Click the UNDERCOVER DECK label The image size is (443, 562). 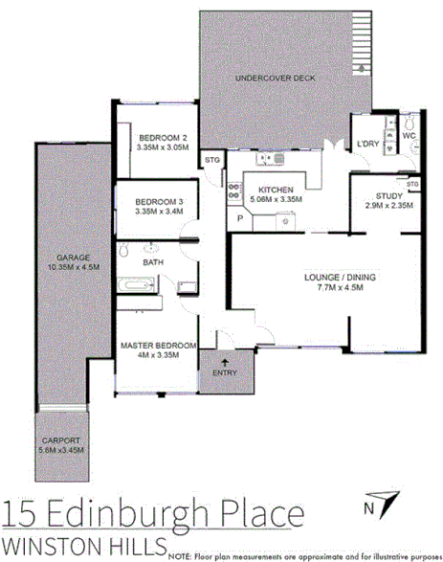click(x=275, y=79)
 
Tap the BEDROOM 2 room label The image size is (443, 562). click(x=161, y=137)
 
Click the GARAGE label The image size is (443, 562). click(x=65, y=258)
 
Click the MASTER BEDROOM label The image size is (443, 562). click(x=159, y=345)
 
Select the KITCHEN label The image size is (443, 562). click(x=275, y=189)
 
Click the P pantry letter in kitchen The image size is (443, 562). click(x=240, y=219)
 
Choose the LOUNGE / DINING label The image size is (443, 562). click(x=340, y=278)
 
